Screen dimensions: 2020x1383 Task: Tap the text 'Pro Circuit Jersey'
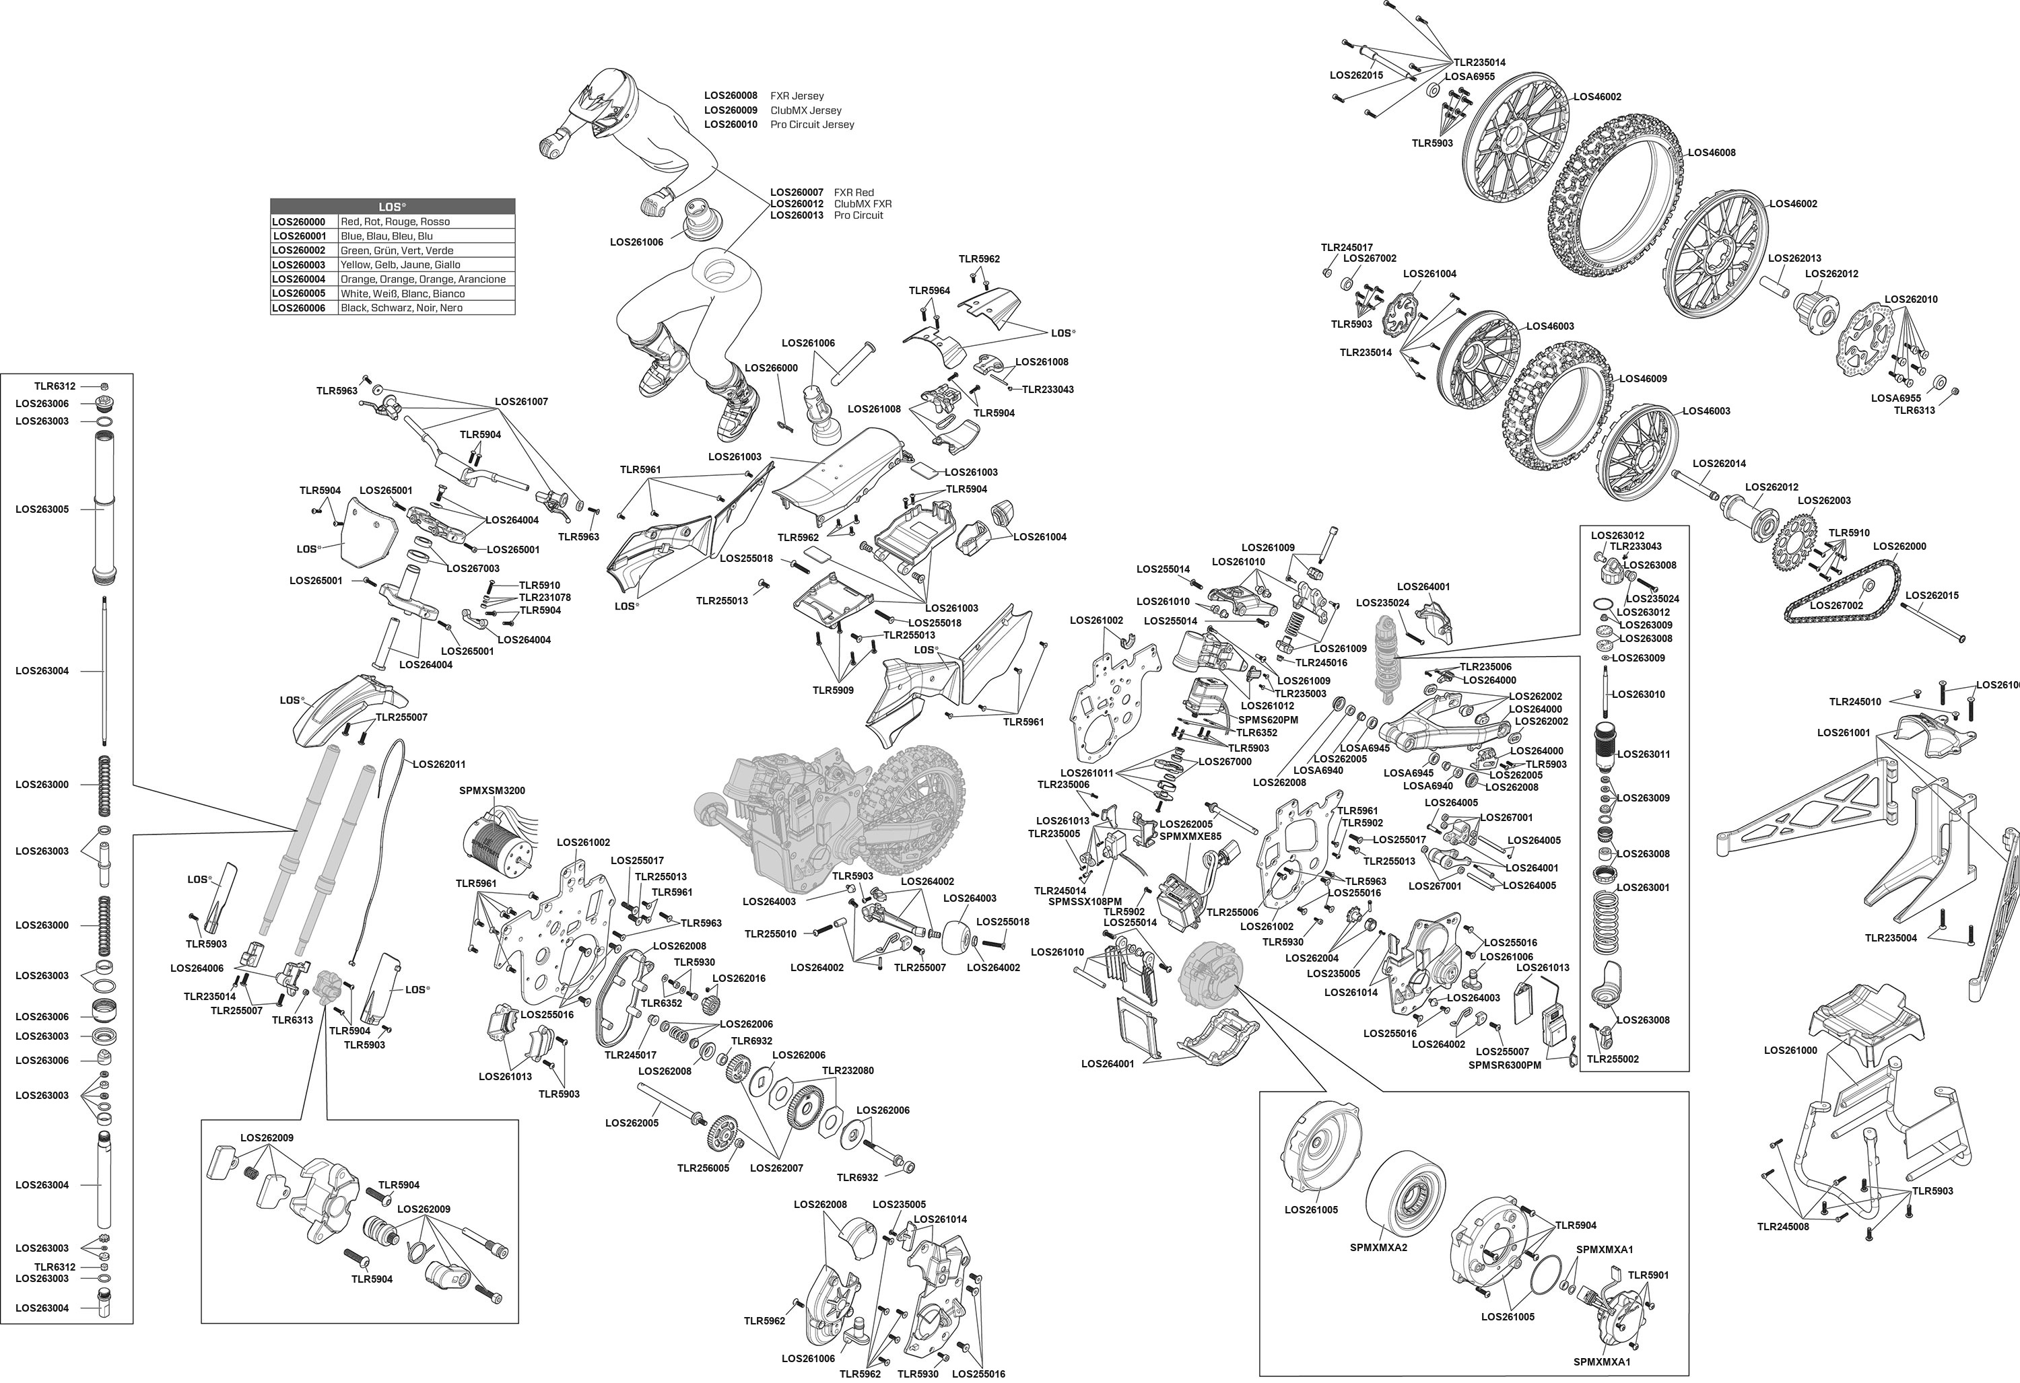(812, 125)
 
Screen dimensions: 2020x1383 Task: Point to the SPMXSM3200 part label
(492, 791)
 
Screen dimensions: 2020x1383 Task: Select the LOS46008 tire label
(1712, 153)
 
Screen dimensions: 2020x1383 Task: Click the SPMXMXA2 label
(1378, 1248)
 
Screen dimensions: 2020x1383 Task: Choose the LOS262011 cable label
(439, 765)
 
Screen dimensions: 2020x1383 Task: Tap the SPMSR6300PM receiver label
(1505, 1065)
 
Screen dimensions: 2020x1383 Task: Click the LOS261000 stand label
(1790, 1051)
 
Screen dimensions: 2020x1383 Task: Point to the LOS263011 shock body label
(1644, 754)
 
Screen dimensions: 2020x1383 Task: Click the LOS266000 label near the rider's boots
(771, 368)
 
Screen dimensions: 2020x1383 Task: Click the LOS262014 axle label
(1719, 464)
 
